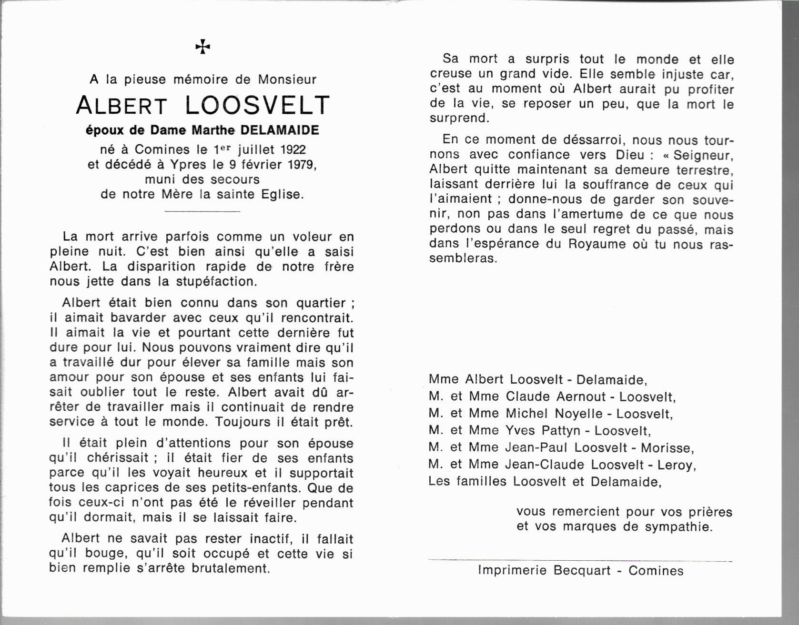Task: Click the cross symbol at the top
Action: pyautogui.click(x=202, y=47)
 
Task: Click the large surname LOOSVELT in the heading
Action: pyautogui.click(x=257, y=105)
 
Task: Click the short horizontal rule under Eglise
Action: pyautogui.click(x=202, y=211)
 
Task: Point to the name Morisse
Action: pyautogui.click(x=667, y=448)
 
